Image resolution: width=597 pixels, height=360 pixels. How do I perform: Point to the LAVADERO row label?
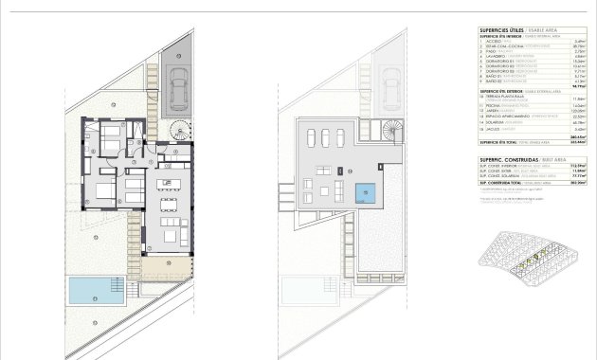pyautogui.click(x=496, y=55)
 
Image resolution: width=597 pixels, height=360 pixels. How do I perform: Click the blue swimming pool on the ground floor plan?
pyautogui.click(x=96, y=290)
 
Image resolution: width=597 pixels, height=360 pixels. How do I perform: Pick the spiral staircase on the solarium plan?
pyautogui.click(x=390, y=130)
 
